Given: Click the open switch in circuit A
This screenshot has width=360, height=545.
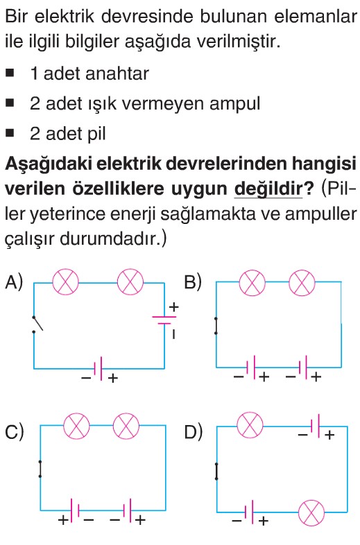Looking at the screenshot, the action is coord(37,325).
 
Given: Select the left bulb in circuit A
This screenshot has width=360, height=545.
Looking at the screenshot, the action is coord(65,282).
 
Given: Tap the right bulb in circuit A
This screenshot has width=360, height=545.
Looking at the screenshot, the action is coord(130,282).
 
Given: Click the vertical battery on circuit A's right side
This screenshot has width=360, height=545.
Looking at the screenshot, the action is coord(164,320).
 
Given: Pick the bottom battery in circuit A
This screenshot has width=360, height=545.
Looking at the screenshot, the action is coord(98,369).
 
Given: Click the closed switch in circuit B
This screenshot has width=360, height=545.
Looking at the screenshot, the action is coord(216,326).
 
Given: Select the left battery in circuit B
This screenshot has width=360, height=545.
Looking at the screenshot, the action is coord(251,367).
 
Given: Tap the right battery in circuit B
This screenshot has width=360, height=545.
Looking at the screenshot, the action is coord(302,367).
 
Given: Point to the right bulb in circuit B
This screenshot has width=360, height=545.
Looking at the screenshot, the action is coord(302,283).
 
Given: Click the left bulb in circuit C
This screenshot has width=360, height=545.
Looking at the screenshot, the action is coord(76,426).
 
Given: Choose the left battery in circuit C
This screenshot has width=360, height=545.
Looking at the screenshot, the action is coord(75,510).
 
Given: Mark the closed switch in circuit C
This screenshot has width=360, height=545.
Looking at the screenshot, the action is coord(40,469).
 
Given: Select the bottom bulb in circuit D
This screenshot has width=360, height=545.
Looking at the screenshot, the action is coord(311,512).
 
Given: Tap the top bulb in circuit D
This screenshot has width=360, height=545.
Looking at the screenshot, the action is coord(250,426).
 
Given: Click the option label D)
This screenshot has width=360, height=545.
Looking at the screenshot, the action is coord(193,432).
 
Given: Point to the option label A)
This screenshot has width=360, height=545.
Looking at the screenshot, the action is coord(14,282).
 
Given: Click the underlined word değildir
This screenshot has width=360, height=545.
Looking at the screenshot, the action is coord(268,189).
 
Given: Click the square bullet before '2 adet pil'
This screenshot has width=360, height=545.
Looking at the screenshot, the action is coord(10,133).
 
